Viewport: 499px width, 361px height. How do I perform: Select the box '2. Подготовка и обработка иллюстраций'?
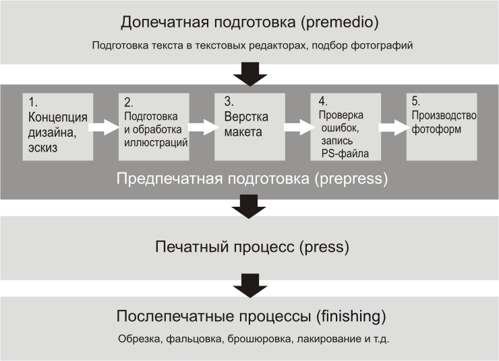coord(154,126)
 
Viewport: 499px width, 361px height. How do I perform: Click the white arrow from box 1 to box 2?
coord(103,126)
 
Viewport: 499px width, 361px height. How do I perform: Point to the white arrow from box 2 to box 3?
coord(201,126)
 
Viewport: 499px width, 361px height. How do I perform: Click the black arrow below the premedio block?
coord(249,73)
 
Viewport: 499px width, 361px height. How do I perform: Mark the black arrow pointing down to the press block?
coord(249,207)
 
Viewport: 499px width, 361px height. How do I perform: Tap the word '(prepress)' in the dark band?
coord(347,179)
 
